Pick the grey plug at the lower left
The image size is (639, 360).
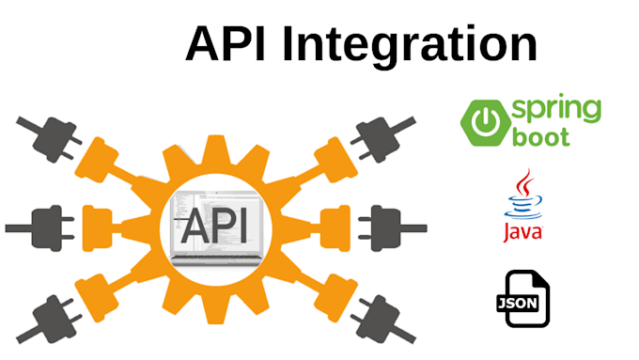pos(42,314)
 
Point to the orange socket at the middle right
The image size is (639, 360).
pos(332,227)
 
